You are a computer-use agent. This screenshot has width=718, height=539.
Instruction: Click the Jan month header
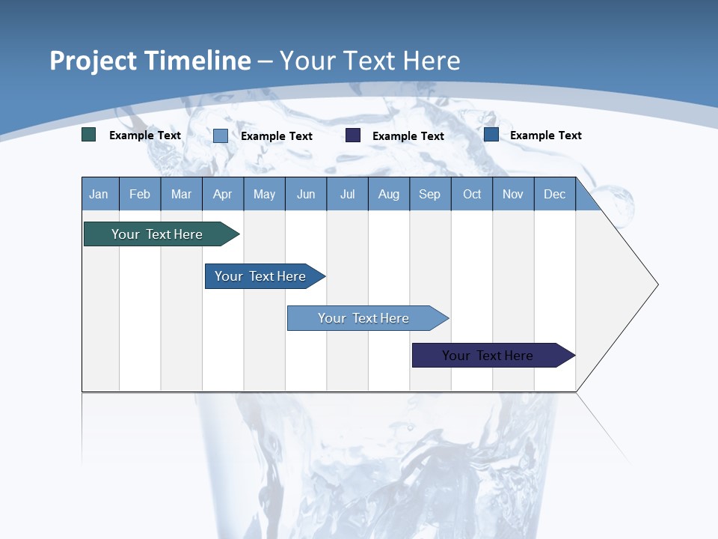[x=99, y=194]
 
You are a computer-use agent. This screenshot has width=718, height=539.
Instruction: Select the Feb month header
[x=140, y=194]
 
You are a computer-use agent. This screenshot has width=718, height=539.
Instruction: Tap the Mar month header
[x=181, y=194]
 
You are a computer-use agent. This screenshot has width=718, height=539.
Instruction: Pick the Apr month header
[x=223, y=194]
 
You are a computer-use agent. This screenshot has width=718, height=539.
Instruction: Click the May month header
[x=264, y=194]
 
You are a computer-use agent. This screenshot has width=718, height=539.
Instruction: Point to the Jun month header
[x=306, y=194]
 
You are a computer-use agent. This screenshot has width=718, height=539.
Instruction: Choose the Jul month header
[x=347, y=194]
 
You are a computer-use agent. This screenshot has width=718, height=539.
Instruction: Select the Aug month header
[x=389, y=194]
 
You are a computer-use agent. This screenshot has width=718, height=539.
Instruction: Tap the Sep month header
[x=430, y=194]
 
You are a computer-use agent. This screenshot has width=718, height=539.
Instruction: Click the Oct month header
[x=472, y=194]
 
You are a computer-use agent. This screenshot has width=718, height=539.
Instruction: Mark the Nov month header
[x=513, y=194]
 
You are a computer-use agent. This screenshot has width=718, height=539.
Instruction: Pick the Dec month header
[x=555, y=194]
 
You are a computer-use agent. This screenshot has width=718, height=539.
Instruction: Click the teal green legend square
[x=89, y=135]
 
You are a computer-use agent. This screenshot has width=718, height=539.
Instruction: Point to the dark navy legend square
[x=353, y=135]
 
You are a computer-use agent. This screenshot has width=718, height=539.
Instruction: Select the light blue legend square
[x=221, y=135]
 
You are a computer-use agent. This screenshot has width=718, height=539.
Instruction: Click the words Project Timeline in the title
[x=150, y=61]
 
